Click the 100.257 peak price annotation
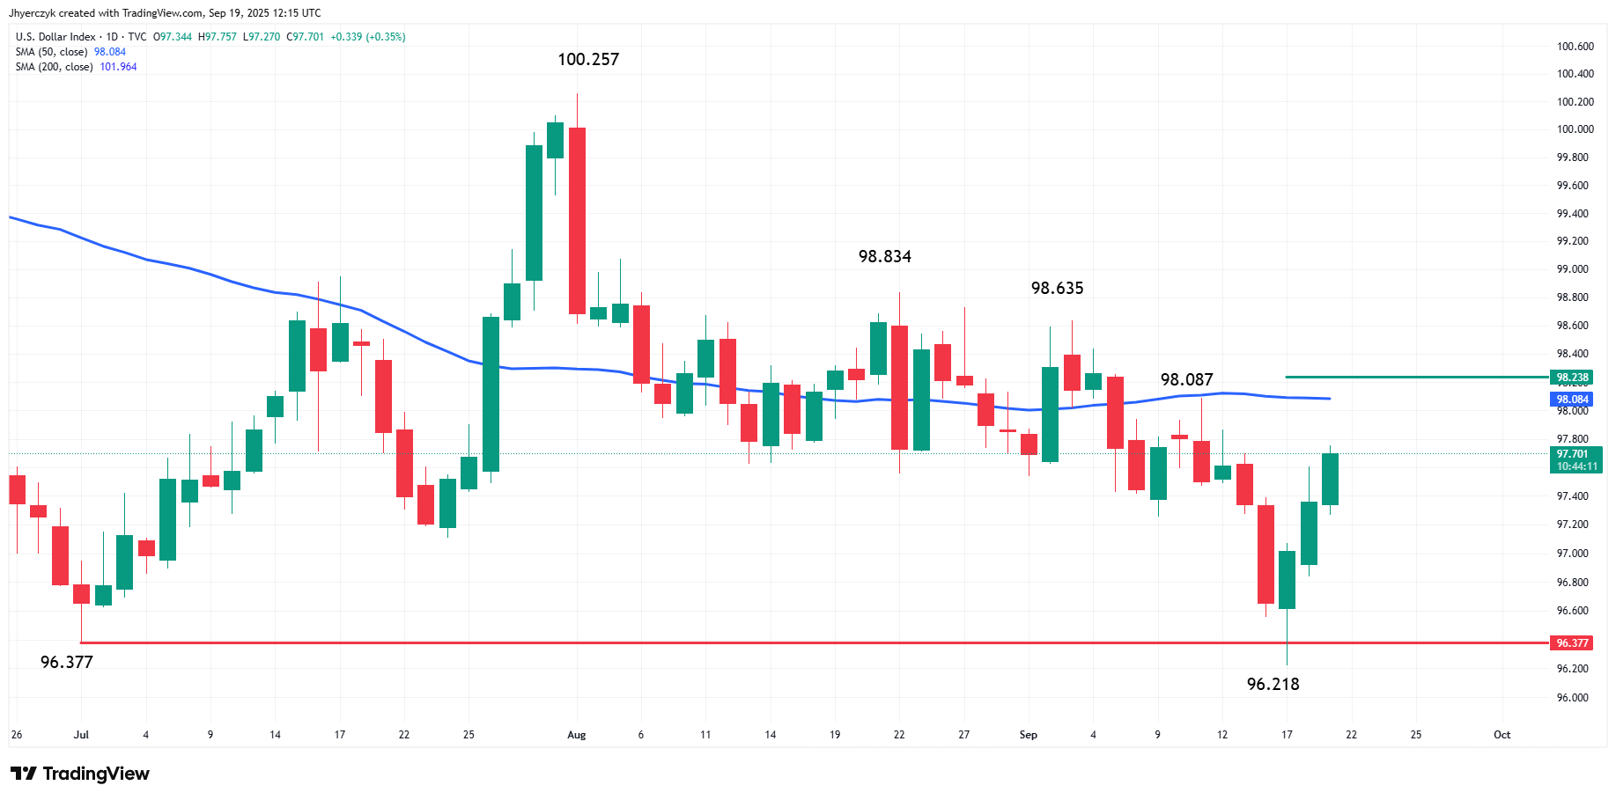click(588, 60)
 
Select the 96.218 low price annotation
click(1273, 684)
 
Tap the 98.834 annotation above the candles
click(885, 257)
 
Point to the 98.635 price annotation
click(1058, 289)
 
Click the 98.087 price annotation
click(1187, 380)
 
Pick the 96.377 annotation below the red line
click(67, 663)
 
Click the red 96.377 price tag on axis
click(1572, 643)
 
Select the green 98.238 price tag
click(1572, 378)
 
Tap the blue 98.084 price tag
click(1572, 400)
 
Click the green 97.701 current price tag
click(1575, 460)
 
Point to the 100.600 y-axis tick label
click(1575, 47)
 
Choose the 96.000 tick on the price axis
click(1573, 698)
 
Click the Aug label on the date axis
click(577, 735)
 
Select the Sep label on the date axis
click(1029, 735)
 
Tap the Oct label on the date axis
click(1502, 735)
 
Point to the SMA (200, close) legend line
click(77, 67)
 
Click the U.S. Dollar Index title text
click(55, 37)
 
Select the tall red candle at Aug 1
click(577, 221)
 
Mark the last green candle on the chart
click(1330, 479)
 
